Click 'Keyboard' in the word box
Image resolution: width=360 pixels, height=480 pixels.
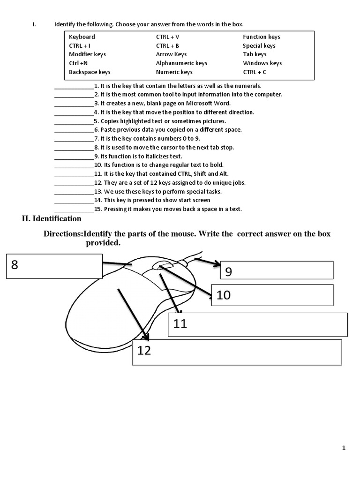[82, 37]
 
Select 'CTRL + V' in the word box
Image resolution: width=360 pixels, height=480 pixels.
[168, 37]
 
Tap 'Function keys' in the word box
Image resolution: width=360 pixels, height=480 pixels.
[262, 37]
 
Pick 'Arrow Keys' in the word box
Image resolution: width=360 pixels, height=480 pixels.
[171, 54]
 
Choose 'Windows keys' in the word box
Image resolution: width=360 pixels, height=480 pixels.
[262, 63]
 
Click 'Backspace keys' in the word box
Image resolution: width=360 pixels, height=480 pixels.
[90, 72]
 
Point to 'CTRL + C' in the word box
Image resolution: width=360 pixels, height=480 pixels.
[255, 72]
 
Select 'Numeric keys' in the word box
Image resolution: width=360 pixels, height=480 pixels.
[174, 72]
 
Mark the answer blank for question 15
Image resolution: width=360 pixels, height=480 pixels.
[74, 210]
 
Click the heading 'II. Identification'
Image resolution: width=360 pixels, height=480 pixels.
[52, 219]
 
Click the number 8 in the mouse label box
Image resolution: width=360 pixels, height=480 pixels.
[15, 265]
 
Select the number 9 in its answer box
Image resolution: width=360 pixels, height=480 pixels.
[229, 272]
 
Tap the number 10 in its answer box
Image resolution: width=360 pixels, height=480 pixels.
[224, 295]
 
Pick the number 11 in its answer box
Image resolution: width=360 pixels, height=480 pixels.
[180, 323]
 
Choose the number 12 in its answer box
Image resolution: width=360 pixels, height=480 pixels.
[144, 350]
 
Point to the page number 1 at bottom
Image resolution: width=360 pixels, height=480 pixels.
[344, 448]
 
